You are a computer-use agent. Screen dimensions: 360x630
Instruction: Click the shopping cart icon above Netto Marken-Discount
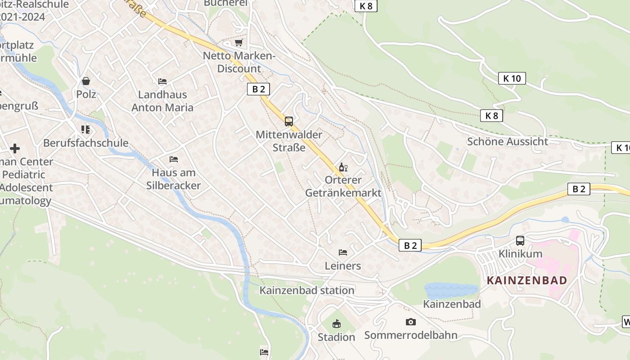coord(239,43)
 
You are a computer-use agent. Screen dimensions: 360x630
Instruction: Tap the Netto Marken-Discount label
coord(239,63)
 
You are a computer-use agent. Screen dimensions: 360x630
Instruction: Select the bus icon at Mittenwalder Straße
coord(289,121)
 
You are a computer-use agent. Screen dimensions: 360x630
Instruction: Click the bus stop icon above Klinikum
coord(520,241)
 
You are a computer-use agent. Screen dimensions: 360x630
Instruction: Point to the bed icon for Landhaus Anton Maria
coord(162,81)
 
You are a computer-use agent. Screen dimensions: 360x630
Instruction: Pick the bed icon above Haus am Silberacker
coord(174,159)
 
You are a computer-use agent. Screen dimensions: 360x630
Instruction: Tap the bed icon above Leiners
coord(343,252)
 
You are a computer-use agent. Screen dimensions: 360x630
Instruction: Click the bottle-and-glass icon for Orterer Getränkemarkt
coord(343,167)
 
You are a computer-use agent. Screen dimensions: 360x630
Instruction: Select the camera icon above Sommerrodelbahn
coord(410,322)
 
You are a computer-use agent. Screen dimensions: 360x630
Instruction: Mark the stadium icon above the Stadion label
coord(336,324)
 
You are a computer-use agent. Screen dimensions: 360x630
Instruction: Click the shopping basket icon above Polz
coord(86,81)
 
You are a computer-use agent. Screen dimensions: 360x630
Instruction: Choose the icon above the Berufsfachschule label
coord(85,130)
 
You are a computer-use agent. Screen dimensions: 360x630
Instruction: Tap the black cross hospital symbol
coord(15,148)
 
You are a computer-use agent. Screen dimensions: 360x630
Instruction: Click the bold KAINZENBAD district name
coord(527,280)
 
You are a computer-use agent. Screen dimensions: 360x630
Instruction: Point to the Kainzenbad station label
coord(307,290)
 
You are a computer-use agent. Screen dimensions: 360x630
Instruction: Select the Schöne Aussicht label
coord(508,141)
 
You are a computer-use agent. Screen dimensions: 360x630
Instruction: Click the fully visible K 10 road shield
coord(512,78)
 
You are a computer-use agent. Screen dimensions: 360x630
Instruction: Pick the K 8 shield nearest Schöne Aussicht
coord(491,116)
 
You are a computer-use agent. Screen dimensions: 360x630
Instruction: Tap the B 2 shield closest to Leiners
coord(410,245)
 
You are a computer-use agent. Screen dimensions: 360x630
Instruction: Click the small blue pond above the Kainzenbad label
coord(451,290)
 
